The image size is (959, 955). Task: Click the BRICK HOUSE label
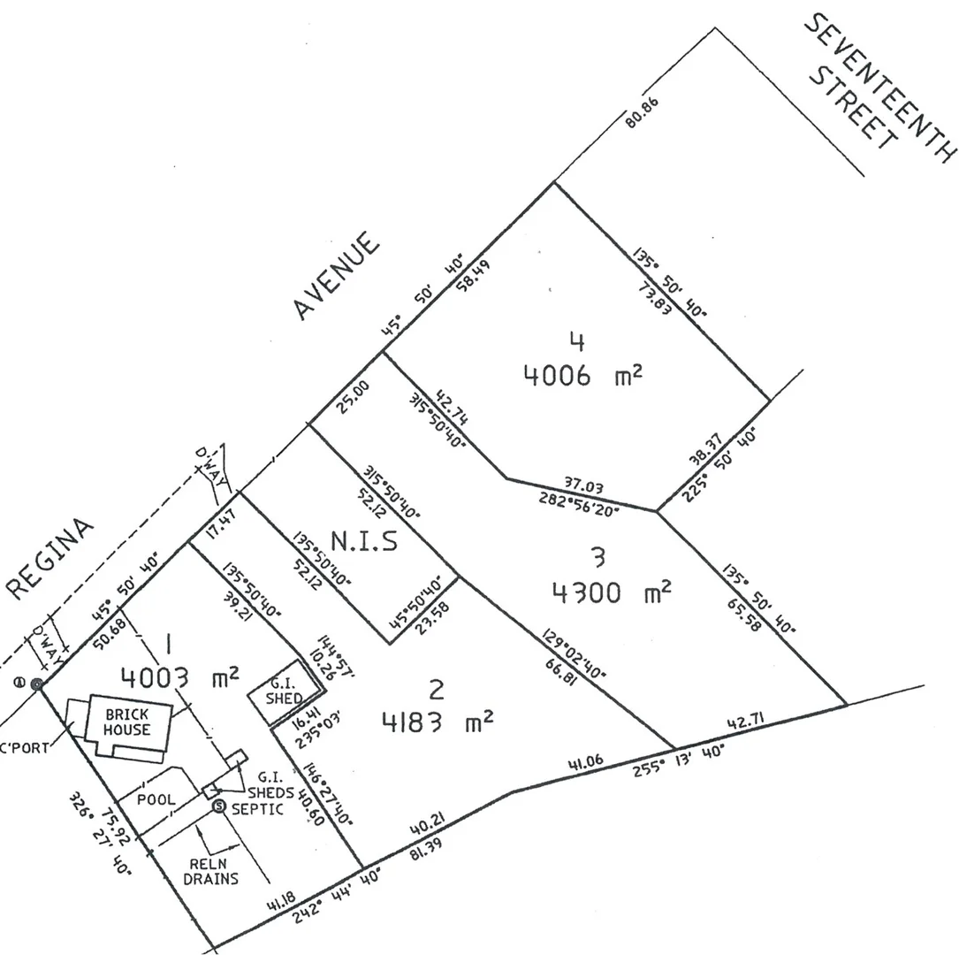[127, 722]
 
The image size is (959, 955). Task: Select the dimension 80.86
[643, 132]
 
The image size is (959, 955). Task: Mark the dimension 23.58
[438, 614]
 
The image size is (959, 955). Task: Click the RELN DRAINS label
[210, 871]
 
